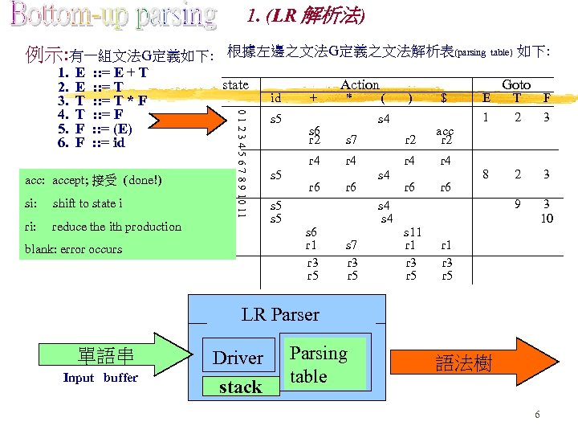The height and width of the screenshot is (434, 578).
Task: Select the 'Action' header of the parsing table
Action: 360,84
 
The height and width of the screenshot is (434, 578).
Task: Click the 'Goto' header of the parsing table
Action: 515,84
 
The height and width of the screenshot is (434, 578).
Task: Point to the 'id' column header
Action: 275,98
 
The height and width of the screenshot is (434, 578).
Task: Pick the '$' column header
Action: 444,98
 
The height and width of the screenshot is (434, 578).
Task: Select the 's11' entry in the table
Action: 411,231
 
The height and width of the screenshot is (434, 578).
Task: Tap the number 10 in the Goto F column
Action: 546,218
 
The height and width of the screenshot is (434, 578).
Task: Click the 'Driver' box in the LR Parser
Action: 238,358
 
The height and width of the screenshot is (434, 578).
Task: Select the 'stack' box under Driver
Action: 240,387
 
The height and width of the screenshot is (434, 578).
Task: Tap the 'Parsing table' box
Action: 319,365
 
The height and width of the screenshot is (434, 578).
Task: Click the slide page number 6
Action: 537,415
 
